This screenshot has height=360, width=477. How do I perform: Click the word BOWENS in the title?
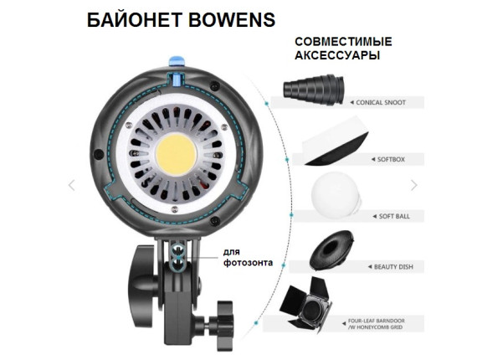[x=232, y=20]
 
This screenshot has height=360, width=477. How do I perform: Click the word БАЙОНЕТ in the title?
[x=135, y=20]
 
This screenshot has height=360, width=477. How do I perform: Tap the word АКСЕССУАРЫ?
[x=337, y=56]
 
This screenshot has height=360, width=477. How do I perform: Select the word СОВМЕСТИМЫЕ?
[x=343, y=42]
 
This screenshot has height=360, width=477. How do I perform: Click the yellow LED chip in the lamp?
[x=176, y=154]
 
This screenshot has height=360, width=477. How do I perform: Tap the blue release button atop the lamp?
[x=177, y=60]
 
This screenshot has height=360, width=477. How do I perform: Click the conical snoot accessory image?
[x=314, y=90]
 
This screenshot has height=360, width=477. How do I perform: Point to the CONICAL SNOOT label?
[x=381, y=102]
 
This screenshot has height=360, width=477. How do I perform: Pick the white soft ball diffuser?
[x=336, y=195]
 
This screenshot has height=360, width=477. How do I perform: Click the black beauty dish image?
[x=331, y=249]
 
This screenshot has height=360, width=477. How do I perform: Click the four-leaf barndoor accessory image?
[x=305, y=304]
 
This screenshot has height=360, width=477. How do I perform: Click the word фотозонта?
[x=248, y=263]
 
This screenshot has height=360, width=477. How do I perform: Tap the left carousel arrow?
[x=71, y=185]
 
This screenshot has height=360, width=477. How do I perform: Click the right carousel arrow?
[x=414, y=185]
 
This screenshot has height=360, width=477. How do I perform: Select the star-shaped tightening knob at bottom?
[x=225, y=325]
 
